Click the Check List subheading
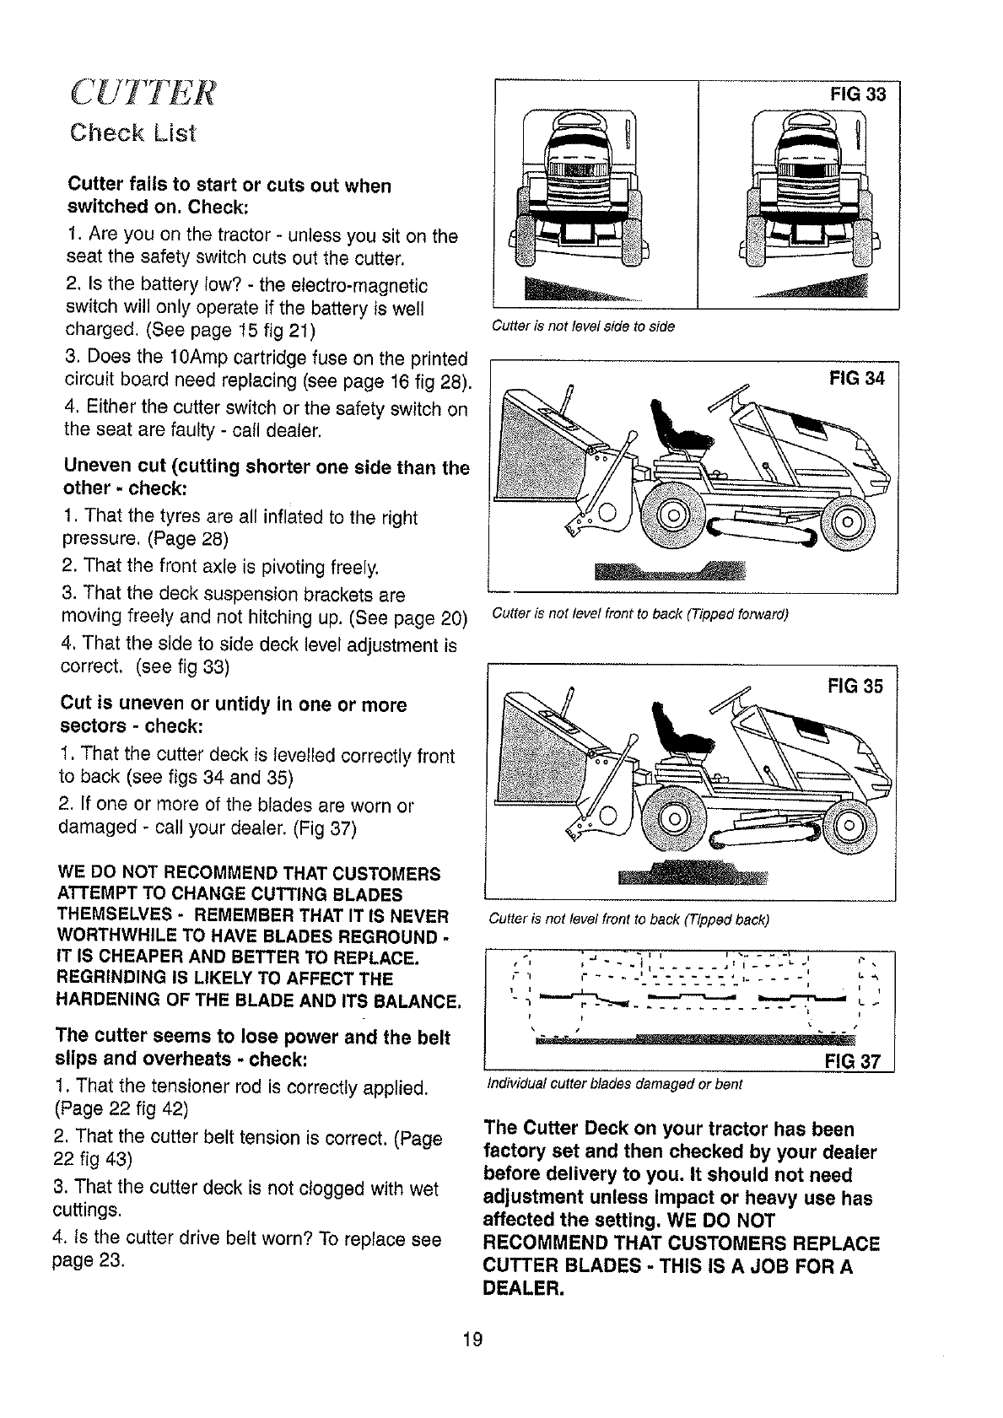(132, 133)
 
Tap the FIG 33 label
(858, 94)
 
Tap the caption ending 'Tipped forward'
(639, 614)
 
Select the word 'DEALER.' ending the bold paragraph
(522, 1290)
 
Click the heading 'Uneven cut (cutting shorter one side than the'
(267, 466)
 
